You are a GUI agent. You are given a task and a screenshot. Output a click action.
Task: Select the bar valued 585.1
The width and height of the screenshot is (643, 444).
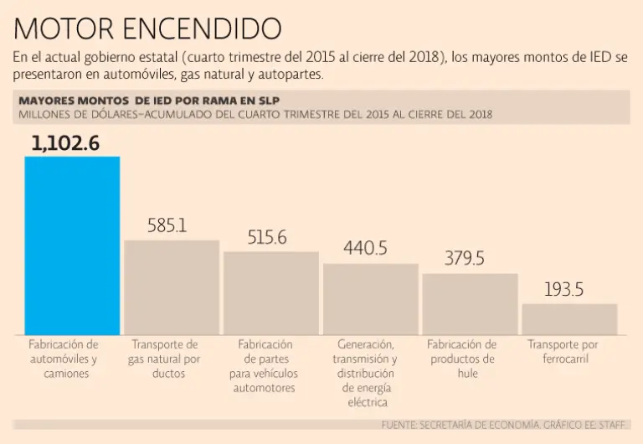[172, 287]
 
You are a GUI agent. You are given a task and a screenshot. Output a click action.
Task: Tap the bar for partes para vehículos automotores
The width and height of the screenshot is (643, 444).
[270, 292]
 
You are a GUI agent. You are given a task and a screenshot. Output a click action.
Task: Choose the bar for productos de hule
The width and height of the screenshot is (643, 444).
[470, 303]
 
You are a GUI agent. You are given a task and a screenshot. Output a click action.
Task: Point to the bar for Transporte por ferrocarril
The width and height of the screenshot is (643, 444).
[569, 318]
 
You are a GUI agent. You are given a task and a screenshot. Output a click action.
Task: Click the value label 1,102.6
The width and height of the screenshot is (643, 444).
[65, 143]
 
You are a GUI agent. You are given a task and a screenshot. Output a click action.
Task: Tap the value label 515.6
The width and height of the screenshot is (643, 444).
[267, 238]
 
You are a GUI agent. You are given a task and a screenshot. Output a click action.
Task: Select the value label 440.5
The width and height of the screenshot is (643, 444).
[366, 249]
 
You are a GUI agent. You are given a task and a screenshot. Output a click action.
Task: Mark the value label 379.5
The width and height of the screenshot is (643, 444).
[464, 259]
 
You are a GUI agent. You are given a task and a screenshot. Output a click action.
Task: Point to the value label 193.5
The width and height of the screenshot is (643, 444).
[563, 290]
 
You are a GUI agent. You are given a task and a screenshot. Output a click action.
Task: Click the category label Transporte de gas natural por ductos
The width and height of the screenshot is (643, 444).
[164, 359]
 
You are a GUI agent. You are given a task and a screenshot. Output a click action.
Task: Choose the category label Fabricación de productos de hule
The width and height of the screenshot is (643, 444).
[462, 359]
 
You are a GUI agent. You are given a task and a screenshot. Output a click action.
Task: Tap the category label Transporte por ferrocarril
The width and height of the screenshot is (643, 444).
[563, 352]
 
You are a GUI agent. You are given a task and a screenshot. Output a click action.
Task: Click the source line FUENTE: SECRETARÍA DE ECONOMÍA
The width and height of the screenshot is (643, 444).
[469, 425]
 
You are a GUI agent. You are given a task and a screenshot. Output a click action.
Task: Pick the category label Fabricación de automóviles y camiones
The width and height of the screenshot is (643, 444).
[64, 359]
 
